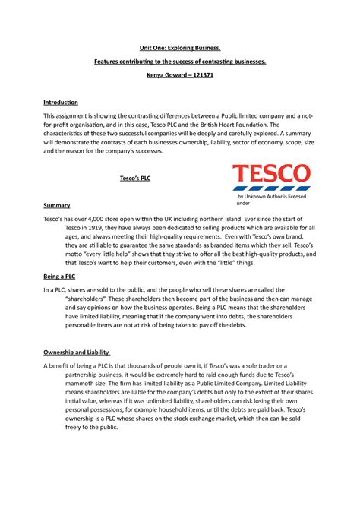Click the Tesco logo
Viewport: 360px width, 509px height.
click(x=270, y=175)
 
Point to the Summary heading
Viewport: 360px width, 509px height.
click(x=56, y=205)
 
